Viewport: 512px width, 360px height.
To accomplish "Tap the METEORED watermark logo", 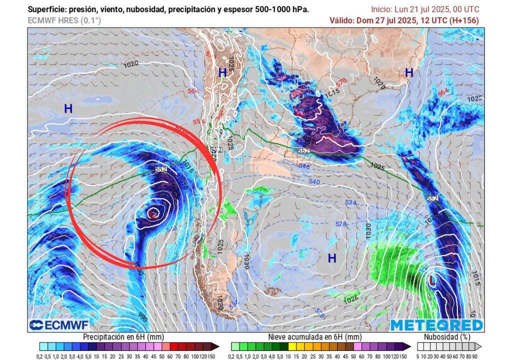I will coord(436,325).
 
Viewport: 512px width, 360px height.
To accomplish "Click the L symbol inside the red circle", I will coord(152,214).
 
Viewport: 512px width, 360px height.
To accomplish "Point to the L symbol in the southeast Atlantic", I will coord(433,280).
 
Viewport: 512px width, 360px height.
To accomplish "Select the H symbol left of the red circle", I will coord(68,108).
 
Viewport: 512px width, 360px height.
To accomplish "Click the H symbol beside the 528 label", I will coord(331,258).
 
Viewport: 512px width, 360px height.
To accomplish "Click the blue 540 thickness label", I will coord(314,182).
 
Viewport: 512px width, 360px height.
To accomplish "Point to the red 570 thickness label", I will coord(341,81).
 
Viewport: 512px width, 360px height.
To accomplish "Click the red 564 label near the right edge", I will coord(443,92).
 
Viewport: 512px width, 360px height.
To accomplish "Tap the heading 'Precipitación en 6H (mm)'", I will coord(123,337).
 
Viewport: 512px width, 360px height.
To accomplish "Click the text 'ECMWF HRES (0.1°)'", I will coord(64,20).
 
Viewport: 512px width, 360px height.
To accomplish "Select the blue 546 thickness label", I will coord(304,166).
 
